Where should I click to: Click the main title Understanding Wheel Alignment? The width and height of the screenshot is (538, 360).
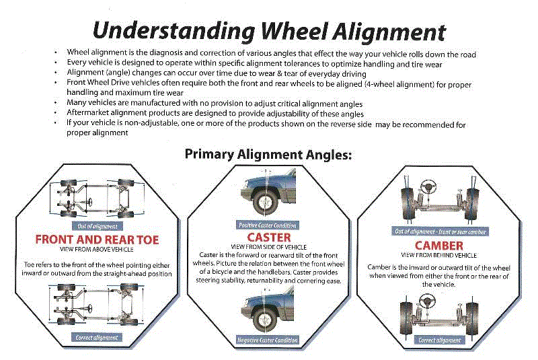pyautogui.click(x=269, y=30)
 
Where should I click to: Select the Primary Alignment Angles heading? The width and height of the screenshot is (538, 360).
pyautogui.click(x=268, y=154)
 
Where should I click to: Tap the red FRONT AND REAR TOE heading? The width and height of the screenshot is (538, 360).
pyautogui.click(x=97, y=239)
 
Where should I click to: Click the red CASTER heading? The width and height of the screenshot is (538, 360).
pyautogui.click(x=269, y=238)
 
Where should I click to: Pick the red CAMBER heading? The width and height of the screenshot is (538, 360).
pyautogui.click(x=438, y=246)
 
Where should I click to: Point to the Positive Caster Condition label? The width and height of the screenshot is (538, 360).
pyautogui.click(x=267, y=225)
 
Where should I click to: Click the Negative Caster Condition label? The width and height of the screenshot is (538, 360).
pyautogui.click(x=267, y=340)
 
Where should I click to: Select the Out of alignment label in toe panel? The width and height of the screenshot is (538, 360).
pyautogui.click(x=98, y=226)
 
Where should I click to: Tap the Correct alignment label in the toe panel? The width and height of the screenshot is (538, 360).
pyautogui.click(x=98, y=337)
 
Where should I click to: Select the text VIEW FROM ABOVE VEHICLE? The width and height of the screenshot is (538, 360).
pyautogui.click(x=97, y=249)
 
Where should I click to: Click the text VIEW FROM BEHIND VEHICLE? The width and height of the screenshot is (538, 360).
pyautogui.click(x=438, y=256)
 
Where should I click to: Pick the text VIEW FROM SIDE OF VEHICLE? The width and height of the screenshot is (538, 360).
pyautogui.click(x=269, y=247)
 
